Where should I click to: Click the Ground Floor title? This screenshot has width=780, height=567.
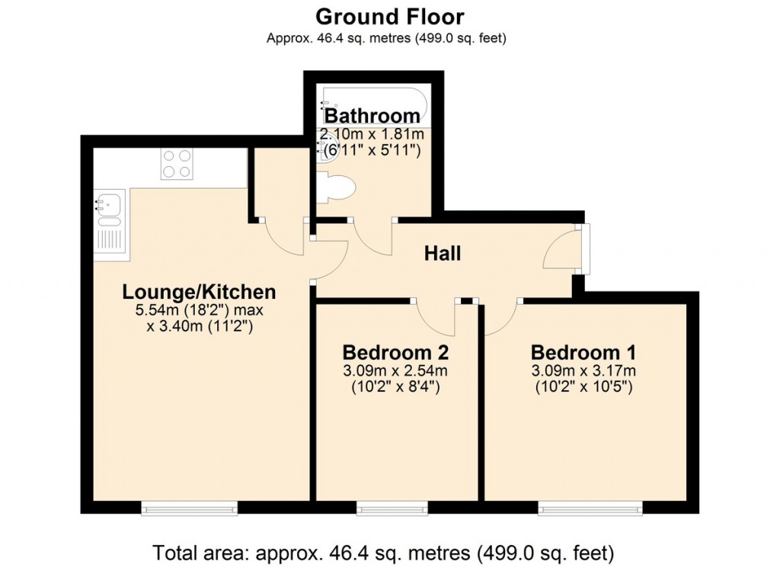[x=389, y=16]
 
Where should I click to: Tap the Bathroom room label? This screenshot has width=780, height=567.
[x=372, y=116]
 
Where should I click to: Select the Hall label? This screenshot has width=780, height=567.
[x=443, y=253]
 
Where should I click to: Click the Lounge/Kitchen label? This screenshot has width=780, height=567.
[x=199, y=292]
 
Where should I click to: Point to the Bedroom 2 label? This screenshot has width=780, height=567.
[x=395, y=353]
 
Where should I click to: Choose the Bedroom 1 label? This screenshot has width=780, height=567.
[x=583, y=353]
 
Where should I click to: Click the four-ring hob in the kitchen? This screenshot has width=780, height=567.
[x=176, y=163]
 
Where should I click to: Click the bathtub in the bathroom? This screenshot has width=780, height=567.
[x=372, y=103]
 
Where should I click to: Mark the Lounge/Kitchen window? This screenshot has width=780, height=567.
[x=189, y=507]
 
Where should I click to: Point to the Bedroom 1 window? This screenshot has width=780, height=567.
[x=590, y=507]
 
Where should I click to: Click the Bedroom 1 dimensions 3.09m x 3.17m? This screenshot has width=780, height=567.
[x=583, y=371]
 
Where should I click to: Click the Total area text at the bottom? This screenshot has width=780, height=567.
[x=383, y=552]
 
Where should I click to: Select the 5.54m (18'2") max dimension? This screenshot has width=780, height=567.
[x=199, y=311]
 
